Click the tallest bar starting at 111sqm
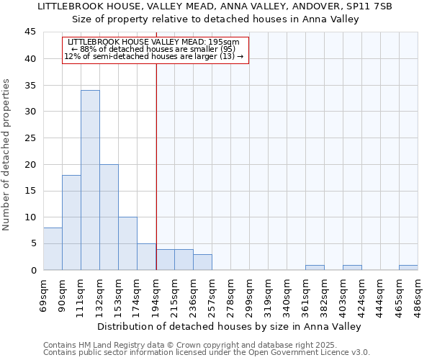tap(90, 180)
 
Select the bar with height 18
tap(71, 222)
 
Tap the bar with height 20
tap(109, 217)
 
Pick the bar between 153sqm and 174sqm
tap(127, 243)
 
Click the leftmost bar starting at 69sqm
tap(53, 249)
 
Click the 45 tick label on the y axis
tap(30, 32)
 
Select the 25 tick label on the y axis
tap(30, 138)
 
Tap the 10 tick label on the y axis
tap(30, 217)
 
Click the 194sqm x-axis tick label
tap(156, 292)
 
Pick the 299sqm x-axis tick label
tap(249, 292)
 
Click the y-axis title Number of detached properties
tap(7, 155)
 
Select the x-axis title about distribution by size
tap(229, 326)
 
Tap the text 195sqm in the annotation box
tap(225, 42)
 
